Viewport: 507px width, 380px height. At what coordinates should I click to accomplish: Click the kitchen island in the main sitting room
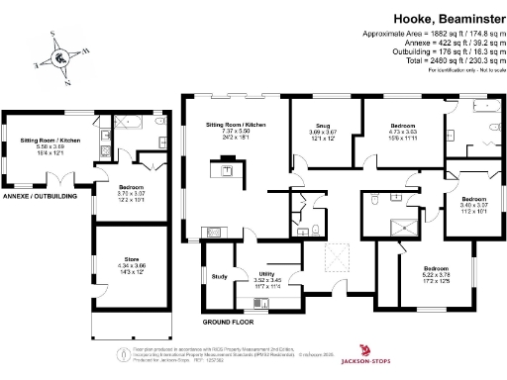click(227, 170)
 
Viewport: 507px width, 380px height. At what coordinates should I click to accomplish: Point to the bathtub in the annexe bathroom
click(133, 123)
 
